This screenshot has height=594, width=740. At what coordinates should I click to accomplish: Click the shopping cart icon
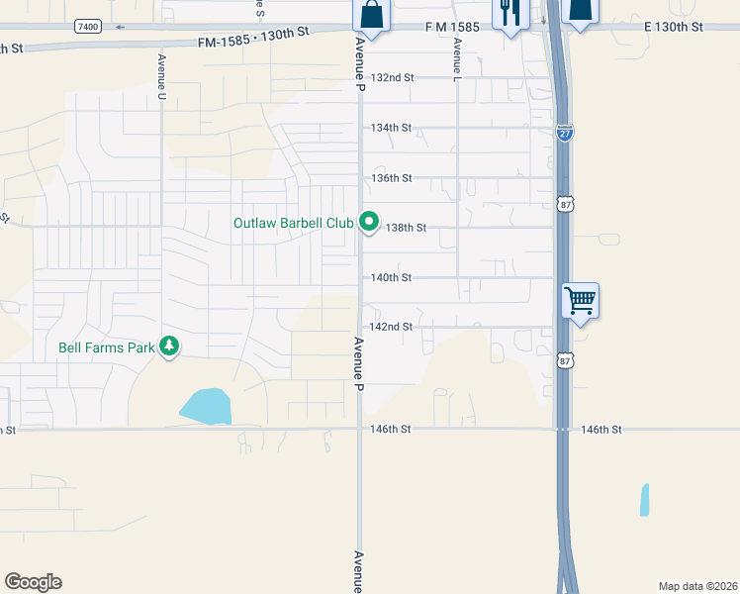coord(580,299)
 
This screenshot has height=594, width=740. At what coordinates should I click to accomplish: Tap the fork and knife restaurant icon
coord(509,14)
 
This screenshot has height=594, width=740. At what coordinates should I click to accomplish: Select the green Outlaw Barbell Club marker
coord(369,223)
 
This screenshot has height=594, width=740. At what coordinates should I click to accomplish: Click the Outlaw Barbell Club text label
coord(293,223)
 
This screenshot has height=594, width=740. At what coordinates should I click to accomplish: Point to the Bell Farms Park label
coord(107,347)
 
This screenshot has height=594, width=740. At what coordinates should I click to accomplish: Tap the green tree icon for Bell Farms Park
coord(170,346)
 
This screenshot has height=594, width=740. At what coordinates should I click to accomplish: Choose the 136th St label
coord(391,178)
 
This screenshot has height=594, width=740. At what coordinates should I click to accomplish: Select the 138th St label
coord(406,228)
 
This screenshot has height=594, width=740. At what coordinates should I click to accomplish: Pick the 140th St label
coord(391,278)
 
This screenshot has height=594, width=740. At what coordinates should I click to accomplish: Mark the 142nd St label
coord(391,327)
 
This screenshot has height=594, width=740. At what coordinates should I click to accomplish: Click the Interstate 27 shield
coord(564,133)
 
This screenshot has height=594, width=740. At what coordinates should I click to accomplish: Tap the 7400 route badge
coord(86,26)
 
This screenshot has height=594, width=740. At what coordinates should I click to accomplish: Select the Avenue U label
coord(160,76)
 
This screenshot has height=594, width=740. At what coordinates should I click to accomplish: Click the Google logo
coord(33,582)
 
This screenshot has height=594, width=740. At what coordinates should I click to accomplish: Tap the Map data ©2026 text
coord(697,585)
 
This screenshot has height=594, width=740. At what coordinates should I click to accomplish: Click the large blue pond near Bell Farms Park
coord(206,405)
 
